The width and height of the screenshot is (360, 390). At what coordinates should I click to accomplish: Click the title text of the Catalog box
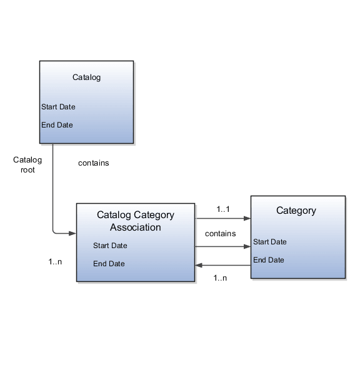coord(86,77)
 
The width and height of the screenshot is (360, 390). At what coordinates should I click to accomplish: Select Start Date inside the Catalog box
coord(58,107)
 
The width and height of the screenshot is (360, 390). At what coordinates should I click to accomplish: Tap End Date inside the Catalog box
coord(57,125)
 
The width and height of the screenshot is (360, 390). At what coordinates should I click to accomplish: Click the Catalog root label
coord(27,164)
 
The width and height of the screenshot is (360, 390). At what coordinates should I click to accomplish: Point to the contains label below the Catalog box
coord(93,163)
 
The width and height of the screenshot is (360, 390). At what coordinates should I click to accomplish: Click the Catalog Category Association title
coord(136,221)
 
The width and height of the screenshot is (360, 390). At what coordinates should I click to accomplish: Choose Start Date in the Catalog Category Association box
coord(110,246)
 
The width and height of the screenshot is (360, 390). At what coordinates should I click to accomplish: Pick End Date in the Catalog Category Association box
coord(109,264)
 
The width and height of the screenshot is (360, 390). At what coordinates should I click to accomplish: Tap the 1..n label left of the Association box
coord(55,261)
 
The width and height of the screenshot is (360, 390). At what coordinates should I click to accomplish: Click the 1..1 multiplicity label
coord(223,209)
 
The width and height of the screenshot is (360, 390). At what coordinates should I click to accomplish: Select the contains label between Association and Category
coord(220,234)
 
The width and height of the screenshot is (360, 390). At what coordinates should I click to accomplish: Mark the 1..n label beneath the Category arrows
coord(220,277)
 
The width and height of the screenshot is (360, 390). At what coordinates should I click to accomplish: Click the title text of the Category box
coord(296,211)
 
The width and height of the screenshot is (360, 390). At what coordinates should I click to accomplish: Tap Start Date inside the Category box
coord(270,242)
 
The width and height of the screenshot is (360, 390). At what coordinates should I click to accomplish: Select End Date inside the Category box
coord(269,260)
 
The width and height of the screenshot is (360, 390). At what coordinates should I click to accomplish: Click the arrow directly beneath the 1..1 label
coord(223,219)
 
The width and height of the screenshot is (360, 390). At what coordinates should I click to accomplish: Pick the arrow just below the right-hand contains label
coord(223,246)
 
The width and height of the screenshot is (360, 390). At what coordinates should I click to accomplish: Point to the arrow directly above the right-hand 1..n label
coord(223,266)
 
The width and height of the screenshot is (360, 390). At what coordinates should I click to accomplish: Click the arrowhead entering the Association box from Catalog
coord(72,233)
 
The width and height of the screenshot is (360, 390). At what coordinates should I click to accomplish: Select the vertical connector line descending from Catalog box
coord(52,187)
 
